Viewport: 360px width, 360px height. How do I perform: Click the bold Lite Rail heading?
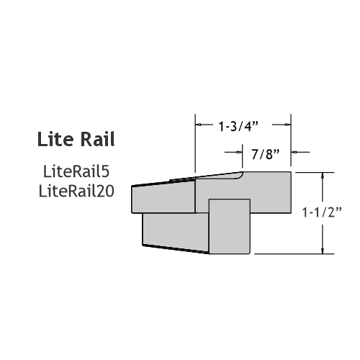[x=76, y=139]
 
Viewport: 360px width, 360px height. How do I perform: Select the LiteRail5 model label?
[x=76, y=171]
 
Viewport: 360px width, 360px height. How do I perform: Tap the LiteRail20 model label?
[x=76, y=192]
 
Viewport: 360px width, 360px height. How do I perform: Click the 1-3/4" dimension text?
[x=238, y=126]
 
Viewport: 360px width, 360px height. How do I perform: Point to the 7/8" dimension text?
[x=266, y=154]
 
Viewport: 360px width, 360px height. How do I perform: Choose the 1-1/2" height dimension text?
[x=322, y=212]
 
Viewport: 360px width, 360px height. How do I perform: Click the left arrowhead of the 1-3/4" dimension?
[x=198, y=125]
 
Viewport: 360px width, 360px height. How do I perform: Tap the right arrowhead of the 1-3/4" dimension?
[x=288, y=125]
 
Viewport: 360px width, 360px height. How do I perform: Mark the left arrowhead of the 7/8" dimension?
[x=239, y=152]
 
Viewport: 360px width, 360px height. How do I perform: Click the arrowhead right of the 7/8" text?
[x=294, y=152]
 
